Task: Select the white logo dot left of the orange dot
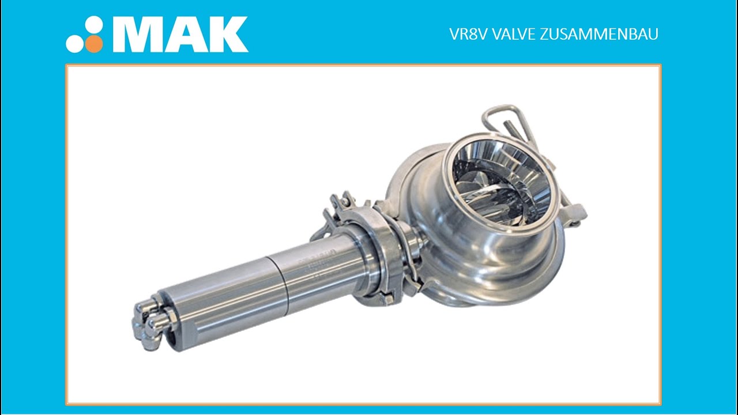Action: (x=75, y=44)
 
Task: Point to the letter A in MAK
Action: (x=187, y=35)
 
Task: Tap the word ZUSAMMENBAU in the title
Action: (x=600, y=35)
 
